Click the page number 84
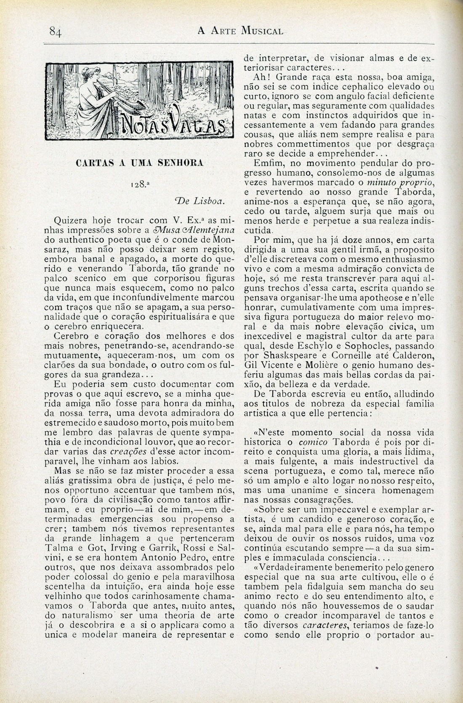[56, 31]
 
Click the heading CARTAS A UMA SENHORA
[140, 163]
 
